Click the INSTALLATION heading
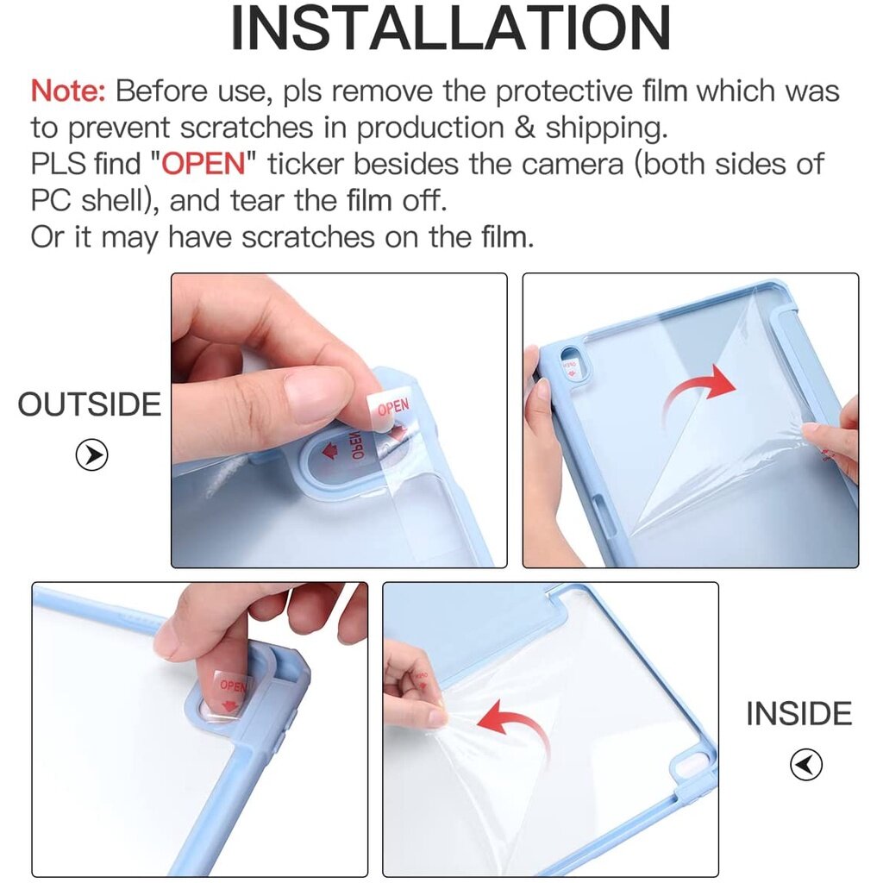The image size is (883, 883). [450, 28]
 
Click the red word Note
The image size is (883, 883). [67, 91]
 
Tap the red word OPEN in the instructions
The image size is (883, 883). [204, 164]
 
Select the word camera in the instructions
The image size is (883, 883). [573, 165]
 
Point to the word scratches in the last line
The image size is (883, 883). [308, 236]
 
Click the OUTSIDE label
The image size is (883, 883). [90, 404]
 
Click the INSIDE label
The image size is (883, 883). [799, 714]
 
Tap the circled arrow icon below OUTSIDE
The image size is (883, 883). [91, 454]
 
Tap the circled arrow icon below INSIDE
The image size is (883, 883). [806, 764]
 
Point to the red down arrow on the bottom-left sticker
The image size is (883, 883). [229, 705]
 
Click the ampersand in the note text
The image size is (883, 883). [524, 128]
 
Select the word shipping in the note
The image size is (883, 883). [606, 128]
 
